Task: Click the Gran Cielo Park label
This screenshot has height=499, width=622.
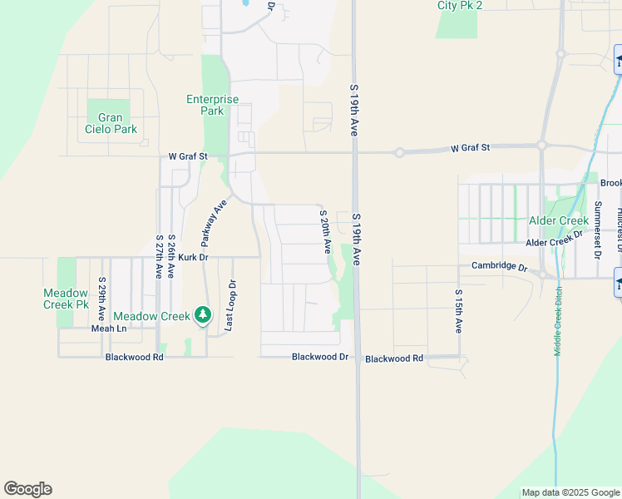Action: [x=111, y=123]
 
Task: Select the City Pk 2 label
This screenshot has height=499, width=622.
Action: [x=460, y=5]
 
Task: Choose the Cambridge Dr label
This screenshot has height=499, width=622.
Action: [x=500, y=267]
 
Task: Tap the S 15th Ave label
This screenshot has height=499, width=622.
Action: [x=458, y=311]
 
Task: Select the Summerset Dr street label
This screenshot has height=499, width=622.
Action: [x=597, y=229]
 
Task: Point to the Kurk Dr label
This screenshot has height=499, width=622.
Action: [x=192, y=259]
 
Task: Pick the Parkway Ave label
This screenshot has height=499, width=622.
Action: [x=213, y=223]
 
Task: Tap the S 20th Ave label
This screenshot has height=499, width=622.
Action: [x=324, y=232]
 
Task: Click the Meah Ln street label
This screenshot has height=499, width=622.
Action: [x=109, y=329]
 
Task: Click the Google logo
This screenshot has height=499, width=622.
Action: [x=27, y=489]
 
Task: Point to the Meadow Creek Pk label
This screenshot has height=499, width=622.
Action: [x=66, y=299]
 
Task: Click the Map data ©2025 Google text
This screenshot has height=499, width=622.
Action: [x=570, y=492]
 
